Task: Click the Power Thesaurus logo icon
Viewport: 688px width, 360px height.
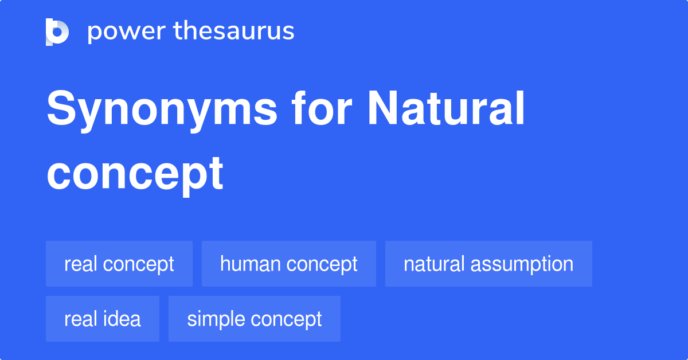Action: [57, 32]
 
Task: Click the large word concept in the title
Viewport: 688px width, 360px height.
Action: [135, 173]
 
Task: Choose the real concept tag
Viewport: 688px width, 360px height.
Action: [119, 264]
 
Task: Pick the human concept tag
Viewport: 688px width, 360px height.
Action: [288, 264]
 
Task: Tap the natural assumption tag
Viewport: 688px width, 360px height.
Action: [488, 264]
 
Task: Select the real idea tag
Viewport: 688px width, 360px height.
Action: [103, 319]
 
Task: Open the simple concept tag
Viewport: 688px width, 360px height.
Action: [254, 319]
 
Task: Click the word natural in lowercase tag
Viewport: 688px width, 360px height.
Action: [434, 264]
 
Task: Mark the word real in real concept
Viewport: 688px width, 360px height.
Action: [79, 264]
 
